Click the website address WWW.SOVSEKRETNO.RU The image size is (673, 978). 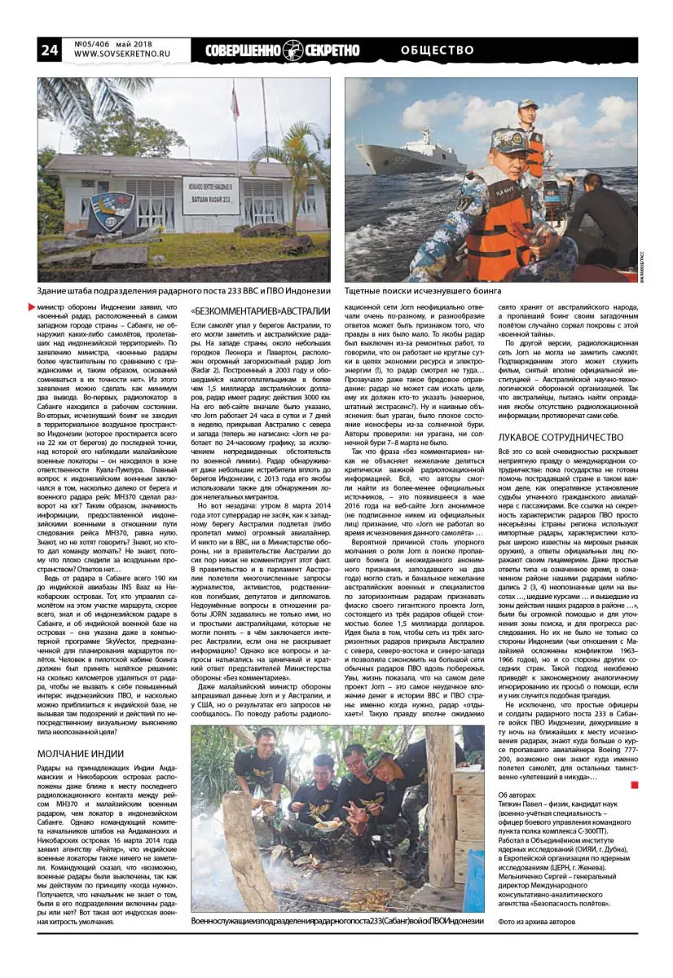pyautogui.click(x=123, y=56)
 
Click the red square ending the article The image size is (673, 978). pyautogui.click(x=635, y=785)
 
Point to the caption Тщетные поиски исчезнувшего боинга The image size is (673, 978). pyautogui.click(x=423, y=291)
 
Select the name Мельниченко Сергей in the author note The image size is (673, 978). pyautogui.click(x=539, y=878)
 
